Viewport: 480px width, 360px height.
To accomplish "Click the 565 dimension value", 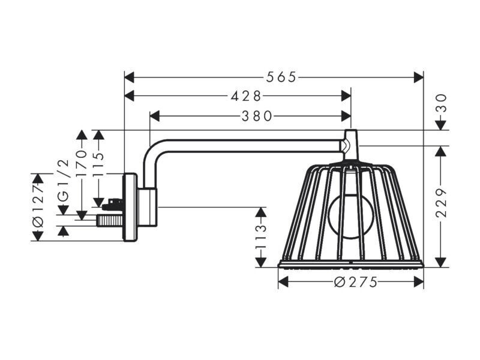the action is (281, 77).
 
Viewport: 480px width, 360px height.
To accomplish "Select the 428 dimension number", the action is (246, 97).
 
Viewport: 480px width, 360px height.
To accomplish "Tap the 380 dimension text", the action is (257, 116).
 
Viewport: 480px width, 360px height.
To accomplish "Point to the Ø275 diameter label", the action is (355, 282).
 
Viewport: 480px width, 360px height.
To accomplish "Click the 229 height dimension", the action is (441, 203).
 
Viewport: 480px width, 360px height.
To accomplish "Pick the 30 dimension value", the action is (441, 103).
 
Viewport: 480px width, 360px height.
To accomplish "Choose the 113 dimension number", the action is (261, 236).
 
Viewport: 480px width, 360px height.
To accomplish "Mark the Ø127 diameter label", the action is (38, 206).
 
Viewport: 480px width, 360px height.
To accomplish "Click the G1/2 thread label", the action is (64, 181).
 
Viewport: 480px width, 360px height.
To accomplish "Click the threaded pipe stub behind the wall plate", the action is (110, 220).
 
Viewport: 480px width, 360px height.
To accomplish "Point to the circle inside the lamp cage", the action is (352, 218).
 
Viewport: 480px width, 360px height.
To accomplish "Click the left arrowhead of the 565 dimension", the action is (130, 77).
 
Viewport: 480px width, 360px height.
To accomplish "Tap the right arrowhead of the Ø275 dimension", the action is (418, 282).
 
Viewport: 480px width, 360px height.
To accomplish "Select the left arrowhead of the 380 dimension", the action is (155, 116).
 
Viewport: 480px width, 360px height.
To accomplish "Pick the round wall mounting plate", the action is (130, 207).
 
